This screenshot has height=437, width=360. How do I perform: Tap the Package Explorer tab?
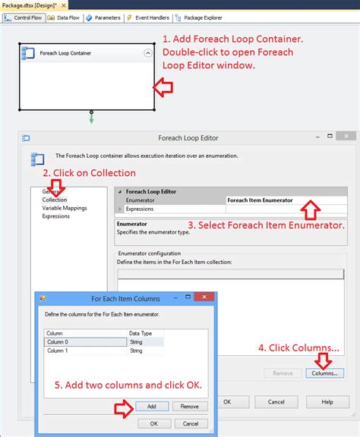(x=201, y=17)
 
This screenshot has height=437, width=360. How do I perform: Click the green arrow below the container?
(x=91, y=118)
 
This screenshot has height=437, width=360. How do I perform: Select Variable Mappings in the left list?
(x=65, y=208)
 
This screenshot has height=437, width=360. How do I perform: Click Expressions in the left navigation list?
(x=56, y=216)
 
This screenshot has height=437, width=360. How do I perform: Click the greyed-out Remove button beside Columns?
(x=283, y=373)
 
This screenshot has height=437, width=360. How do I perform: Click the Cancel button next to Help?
(x=276, y=401)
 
